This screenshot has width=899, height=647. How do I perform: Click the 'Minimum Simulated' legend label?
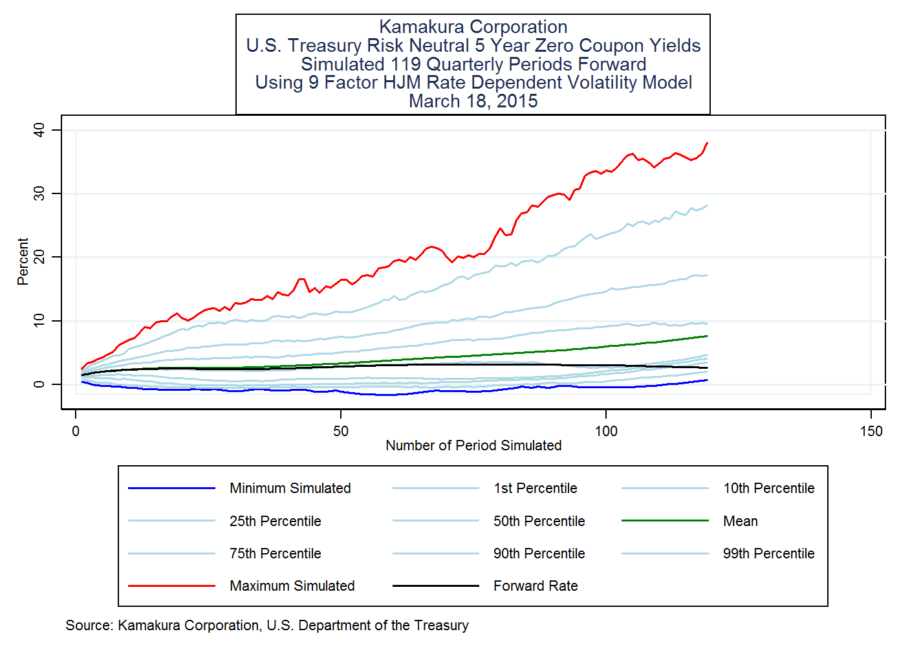click(290, 488)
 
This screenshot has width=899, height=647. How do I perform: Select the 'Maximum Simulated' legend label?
click(292, 586)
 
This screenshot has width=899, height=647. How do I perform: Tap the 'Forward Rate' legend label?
click(536, 586)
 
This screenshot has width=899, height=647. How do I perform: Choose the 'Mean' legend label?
click(741, 521)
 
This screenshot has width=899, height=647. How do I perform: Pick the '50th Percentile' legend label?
click(539, 521)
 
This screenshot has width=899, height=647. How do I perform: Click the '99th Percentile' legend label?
click(768, 554)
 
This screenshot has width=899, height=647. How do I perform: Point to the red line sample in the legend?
click(171, 586)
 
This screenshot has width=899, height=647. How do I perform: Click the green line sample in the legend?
click(665, 521)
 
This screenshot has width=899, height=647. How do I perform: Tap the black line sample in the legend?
click(435, 586)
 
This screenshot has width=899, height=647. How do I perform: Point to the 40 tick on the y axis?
click(39, 130)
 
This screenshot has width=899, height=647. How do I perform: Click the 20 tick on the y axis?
click(39, 258)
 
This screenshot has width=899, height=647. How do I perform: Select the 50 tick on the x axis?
click(341, 432)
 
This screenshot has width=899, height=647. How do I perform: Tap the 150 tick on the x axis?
click(871, 432)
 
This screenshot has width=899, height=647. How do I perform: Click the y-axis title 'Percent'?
click(23, 261)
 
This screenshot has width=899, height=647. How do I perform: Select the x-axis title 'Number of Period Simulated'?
click(473, 446)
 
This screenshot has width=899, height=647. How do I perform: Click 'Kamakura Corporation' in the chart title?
click(473, 27)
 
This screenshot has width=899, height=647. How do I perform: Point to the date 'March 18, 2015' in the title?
click(473, 102)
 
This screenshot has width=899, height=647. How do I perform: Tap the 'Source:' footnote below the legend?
click(267, 626)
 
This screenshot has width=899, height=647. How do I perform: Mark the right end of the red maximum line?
click(708, 142)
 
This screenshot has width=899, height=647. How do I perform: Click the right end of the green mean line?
click(708, 336)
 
